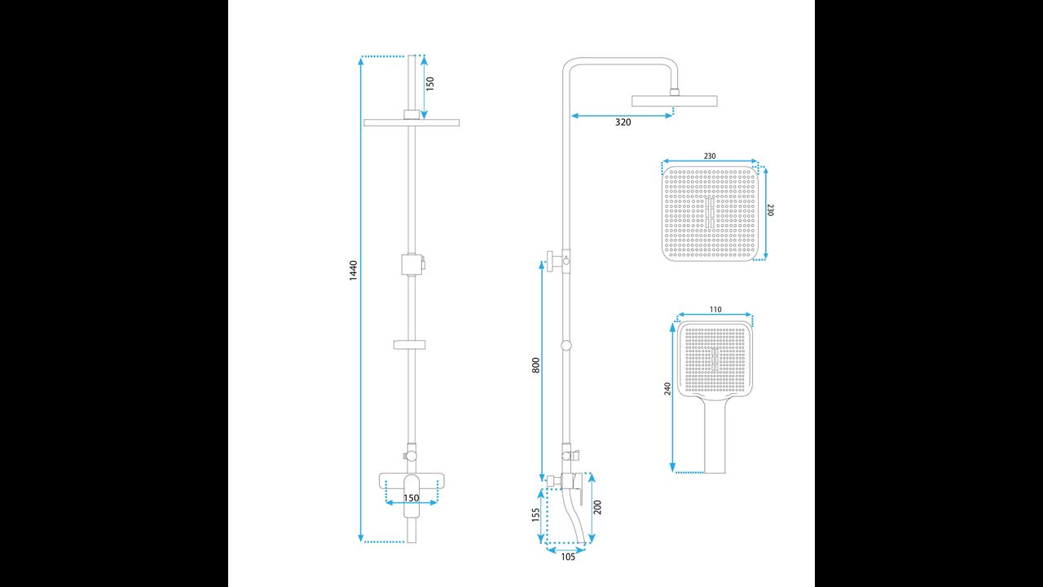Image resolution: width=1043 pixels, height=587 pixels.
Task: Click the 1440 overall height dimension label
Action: tap(353, 270)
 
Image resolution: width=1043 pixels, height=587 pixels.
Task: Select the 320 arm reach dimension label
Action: tap(623, 122)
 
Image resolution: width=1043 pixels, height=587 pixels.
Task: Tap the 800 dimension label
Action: tap(535, 365)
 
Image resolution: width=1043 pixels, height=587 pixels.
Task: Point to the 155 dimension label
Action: tap(535, 514)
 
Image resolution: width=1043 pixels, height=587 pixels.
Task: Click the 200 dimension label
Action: tap(598, 507)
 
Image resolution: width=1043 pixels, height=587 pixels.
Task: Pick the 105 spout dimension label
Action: tap(567, 557)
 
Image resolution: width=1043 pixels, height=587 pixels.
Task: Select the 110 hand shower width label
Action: tap(715, 310)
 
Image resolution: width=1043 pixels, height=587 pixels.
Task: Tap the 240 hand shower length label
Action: tap(668, 389)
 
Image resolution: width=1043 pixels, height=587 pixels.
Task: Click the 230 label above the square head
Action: tap(710, 156)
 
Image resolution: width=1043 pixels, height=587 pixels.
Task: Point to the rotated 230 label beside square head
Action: tap(771, 210)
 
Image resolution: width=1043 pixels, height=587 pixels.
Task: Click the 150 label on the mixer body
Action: tap(411, 497)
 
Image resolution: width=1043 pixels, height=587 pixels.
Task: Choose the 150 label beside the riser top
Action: tap(430, 83)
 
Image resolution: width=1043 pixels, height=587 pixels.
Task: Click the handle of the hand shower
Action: tap(715, 436)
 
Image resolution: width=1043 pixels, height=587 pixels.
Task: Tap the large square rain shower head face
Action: tap(710, 214)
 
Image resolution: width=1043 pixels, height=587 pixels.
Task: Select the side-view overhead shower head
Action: tap(674, 101)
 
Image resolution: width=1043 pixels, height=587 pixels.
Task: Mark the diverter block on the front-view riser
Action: tap(413, 265)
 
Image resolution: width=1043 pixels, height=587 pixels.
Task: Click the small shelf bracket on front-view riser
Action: tap(411, 345)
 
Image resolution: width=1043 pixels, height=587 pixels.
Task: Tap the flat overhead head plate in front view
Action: tap(411, 122)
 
